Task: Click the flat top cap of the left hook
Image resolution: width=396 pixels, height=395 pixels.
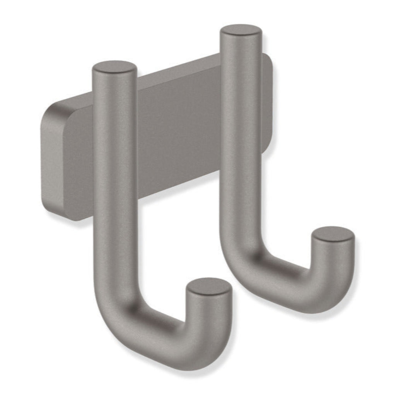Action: (x=114, y=67)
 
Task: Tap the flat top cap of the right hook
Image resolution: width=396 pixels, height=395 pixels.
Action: (x=241, y=30)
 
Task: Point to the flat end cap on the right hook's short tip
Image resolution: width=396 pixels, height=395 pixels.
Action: (x=333, y=234)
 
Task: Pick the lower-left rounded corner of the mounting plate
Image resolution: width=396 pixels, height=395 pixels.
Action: (x=52, y=210)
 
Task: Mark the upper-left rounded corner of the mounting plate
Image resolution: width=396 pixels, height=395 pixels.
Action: (x=52, y=110)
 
